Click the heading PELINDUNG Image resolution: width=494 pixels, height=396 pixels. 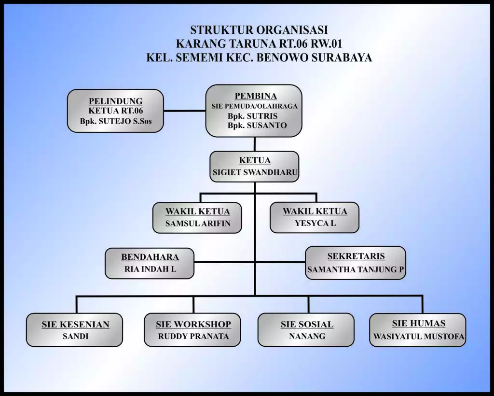pyautogui.click(x=115, y=101)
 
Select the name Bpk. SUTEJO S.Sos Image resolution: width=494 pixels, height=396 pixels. pyautogui.click(x=116, y=121)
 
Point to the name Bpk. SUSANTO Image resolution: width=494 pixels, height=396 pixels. pyautogui.click(x=257, y=126)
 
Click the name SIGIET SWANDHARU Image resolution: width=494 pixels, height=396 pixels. pyautogui.click(x=255, y=172)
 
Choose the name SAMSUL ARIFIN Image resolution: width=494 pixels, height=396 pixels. pyautogui.click(x=198, y=223)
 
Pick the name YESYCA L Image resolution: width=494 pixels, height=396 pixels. pyautogui.click(x=315, y=223)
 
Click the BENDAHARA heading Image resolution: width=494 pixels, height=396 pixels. pyautogui.click(x=150, y=257)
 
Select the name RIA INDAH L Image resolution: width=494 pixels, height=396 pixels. pyautogui.click(x=150, y=269)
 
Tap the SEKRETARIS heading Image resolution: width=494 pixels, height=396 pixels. pyautogui.click(x=356, y=256)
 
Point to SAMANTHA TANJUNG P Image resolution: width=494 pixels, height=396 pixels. pyautogui.click(x=356, y=270)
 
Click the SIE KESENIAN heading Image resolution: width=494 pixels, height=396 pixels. pyautogui.click(x=75, y=325)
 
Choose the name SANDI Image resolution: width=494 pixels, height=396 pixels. pyautogui.click(x=75, y=336)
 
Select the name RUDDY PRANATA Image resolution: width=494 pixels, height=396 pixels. pyautogui.click(x=193, y=336)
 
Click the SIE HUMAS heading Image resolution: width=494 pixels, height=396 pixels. pyautogui.click(x=418, y=324)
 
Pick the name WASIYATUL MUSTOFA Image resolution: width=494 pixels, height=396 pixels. pyautogui.click(x=419, y=336)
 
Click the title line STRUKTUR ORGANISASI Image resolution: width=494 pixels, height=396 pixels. pyautogui.click(x=259, y=30)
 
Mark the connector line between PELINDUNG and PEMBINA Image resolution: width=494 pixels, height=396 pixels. pyautogui.click(x=185, y=111)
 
